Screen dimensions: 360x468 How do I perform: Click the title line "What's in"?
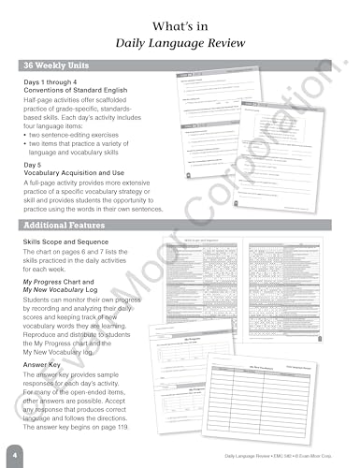pyautogui.click(x=180, y=22)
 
